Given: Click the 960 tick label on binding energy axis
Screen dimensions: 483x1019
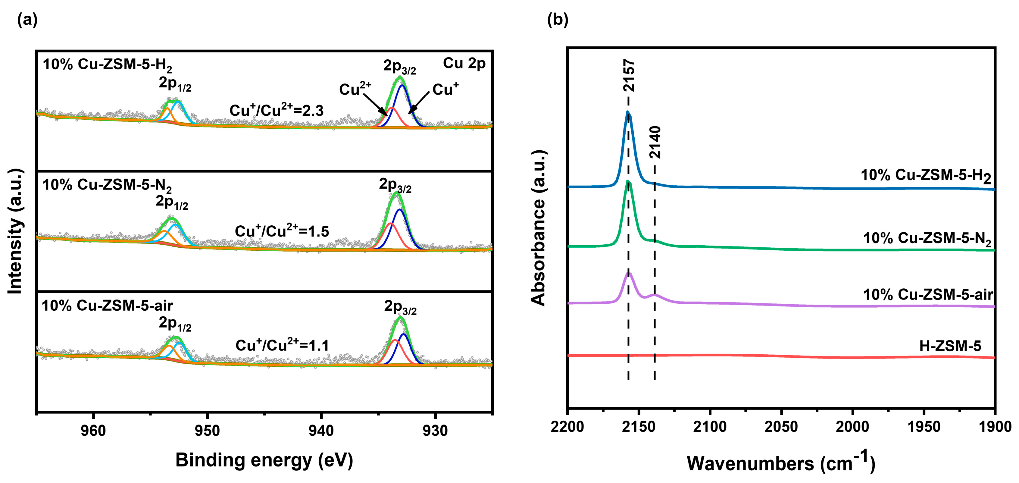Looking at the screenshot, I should [93, 430].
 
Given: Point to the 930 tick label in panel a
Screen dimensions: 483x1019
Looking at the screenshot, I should [435, 430].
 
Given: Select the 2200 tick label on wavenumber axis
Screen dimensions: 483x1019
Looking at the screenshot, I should [567, 427].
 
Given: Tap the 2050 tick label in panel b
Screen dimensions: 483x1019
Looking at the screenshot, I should [781, 427].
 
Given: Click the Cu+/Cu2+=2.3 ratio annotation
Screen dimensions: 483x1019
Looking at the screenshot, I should [277, 110].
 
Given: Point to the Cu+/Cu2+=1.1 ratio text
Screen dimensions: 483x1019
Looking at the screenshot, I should [282, 345].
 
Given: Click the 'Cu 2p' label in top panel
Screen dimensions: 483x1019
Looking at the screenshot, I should [464, 63].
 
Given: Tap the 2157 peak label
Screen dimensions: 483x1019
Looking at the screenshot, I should [629, 76].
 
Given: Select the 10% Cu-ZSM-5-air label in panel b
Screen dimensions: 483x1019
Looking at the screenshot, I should [928, 295].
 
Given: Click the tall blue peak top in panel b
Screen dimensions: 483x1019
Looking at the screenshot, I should [628, 112].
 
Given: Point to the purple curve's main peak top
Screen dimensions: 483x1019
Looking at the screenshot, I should [629, 273].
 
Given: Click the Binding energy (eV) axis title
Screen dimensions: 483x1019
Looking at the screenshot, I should [264, 460].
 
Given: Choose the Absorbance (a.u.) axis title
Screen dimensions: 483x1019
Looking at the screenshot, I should [538, 228].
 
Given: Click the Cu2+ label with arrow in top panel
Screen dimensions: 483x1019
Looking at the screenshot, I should [355, 89].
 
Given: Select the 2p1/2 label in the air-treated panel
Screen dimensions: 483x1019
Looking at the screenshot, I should [175, 324].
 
